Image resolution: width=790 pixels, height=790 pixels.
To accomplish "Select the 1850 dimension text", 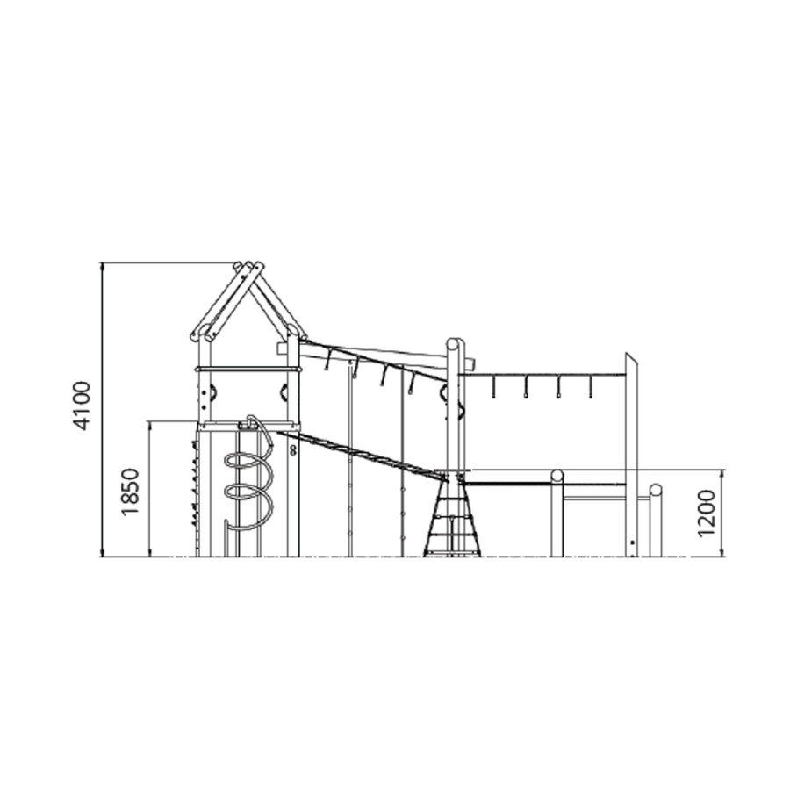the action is (130, 492).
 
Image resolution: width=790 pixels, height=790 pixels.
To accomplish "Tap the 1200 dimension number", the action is (707, 513).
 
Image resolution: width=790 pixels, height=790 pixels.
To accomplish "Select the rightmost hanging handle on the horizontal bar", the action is (591, 386).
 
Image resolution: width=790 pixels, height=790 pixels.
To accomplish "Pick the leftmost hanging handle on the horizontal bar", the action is (492, 386).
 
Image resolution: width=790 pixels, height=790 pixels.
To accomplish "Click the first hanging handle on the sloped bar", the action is (327, 360).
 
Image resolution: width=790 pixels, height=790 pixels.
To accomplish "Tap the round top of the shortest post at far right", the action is (655, 490).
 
